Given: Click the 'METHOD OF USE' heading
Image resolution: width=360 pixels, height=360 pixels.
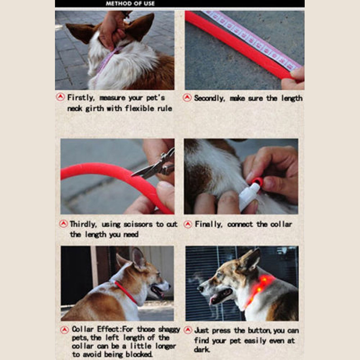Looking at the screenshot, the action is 130,4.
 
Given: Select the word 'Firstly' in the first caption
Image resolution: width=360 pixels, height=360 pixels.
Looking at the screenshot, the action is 81,98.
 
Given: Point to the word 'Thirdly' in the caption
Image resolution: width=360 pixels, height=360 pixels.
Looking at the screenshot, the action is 83,224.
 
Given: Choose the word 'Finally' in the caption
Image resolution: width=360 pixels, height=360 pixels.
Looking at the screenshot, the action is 208,224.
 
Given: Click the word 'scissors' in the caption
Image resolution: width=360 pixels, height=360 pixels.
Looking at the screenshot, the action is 138,224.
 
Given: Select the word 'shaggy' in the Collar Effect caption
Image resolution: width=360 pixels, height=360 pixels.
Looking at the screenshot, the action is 169,329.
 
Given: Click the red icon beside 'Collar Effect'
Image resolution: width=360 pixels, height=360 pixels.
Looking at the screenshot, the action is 65,330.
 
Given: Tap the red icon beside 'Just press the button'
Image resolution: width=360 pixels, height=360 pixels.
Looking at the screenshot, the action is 188,330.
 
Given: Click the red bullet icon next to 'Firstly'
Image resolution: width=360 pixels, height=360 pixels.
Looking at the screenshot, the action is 60,97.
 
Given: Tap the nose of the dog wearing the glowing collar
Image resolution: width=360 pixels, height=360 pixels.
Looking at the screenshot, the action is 201,288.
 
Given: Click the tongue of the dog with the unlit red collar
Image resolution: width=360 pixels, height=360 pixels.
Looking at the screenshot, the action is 160,294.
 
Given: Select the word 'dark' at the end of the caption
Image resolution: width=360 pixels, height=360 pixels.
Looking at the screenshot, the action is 202,350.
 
